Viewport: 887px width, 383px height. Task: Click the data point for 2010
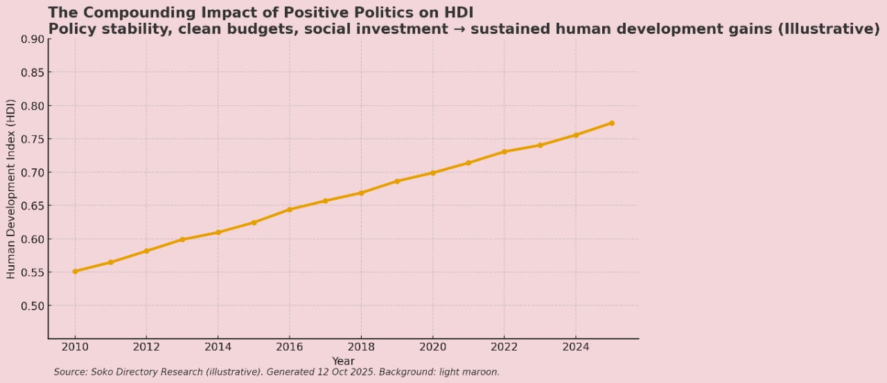click(x=75, y=271)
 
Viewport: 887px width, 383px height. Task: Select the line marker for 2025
click(x=612, y=123)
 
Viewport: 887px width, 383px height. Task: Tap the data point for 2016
click(x=290, y=209)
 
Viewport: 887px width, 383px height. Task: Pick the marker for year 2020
click(x=433, y=172)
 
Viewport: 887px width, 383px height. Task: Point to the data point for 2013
click(x=182, y=240)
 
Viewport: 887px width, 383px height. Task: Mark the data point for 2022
click(x=504, y=152)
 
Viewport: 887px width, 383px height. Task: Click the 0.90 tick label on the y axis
click(x=33, y=39)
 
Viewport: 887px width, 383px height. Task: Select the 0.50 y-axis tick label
click(x=33, y=306)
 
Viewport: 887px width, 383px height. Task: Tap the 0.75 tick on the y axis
click(x=33, y=139)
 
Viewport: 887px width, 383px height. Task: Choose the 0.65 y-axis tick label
click(x=33, y=206)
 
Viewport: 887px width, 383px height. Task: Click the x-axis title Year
click(x=343, y=361)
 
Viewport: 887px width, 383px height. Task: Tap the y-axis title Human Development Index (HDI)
click(x=11, y=189)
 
